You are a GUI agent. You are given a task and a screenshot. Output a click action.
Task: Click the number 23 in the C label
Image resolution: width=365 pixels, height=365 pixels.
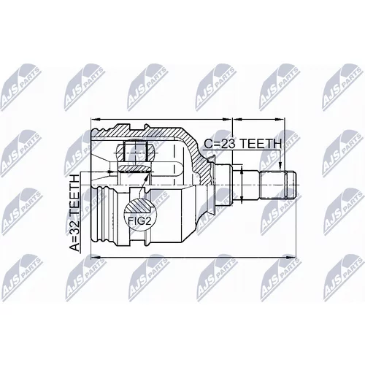coord(228,144)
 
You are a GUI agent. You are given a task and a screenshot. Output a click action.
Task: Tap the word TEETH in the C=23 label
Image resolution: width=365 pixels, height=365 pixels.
coord(261,144)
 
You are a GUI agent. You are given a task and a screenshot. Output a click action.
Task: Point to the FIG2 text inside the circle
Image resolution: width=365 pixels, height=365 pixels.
coord(139,221)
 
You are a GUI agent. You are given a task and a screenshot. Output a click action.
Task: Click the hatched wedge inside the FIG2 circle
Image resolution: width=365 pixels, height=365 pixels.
coord(139,207)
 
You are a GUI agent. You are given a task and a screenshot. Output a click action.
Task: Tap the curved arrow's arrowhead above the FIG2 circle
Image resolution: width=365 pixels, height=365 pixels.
coord(147,177)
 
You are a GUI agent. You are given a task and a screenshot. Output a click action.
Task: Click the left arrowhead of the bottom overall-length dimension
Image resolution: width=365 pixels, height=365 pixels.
coord(96,257)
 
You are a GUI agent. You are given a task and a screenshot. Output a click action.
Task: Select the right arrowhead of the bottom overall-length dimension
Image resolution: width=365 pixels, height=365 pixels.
coord(291,257)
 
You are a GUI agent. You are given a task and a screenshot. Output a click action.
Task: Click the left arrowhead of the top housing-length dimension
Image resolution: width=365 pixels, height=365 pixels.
coord(96,119)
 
